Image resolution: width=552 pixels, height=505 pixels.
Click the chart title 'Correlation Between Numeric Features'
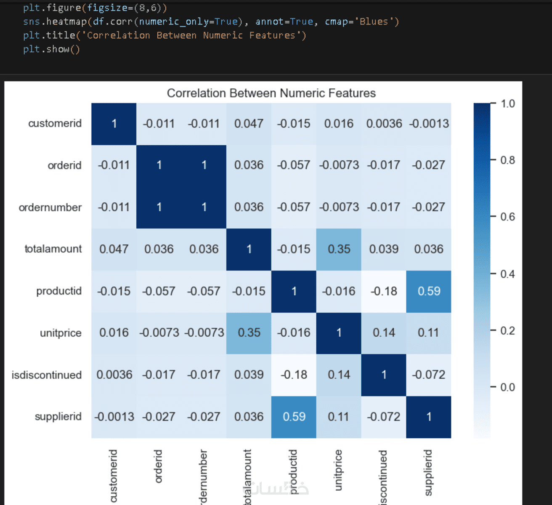pyautogui.click(x=271, y=93)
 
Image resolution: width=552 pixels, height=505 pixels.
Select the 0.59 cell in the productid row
pyautogui.click(x=429, y=291)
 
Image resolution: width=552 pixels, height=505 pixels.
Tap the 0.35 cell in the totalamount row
pyautogui.click(x=339, y=249)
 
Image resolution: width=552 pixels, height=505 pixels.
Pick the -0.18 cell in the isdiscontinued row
pyautogui.click(x=294, y=375)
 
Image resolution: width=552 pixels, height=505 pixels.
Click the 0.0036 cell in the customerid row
pyautogui.click(x=384, y=124)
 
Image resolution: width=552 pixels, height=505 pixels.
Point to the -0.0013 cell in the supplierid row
pyautogui.click(x=114, y=417)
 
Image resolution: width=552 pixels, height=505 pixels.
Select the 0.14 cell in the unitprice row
pyautogui.click(x=384, y=333)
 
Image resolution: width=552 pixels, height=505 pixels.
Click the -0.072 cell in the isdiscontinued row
pyautogui.click(x=429, y=375)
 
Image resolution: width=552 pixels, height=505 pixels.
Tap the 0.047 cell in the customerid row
pyautogui.click(x=249, y=124)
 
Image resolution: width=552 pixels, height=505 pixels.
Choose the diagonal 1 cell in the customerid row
pyautogui.click(x=114, y=124)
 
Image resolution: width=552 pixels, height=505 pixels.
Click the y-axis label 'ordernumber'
pyautogui.click(x=50, y=207)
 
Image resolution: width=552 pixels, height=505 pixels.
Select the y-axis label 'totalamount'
pyautogui.click(x=53, y=249)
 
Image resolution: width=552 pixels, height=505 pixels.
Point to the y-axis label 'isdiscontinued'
pyautogui.click(x=47, y=375)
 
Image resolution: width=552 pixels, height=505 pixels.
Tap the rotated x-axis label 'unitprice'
pyautogui.click(x=338, y=470)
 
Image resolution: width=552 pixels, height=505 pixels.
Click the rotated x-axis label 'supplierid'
pyautogui.click(x=428, y=473)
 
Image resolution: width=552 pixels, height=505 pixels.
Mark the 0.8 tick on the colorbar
pyautogui.click(x=507, y=160)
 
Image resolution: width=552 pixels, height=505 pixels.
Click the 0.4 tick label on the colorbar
pyautogui.click(x=507, y=274)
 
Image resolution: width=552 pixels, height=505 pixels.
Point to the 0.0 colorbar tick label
pyautogui.click(x=507, y=387)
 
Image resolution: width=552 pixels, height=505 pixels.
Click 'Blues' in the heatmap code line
pyautogui.click(x=374, y=21)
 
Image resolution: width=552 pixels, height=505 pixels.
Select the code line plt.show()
pyautogui.click(x=51, y=49)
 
